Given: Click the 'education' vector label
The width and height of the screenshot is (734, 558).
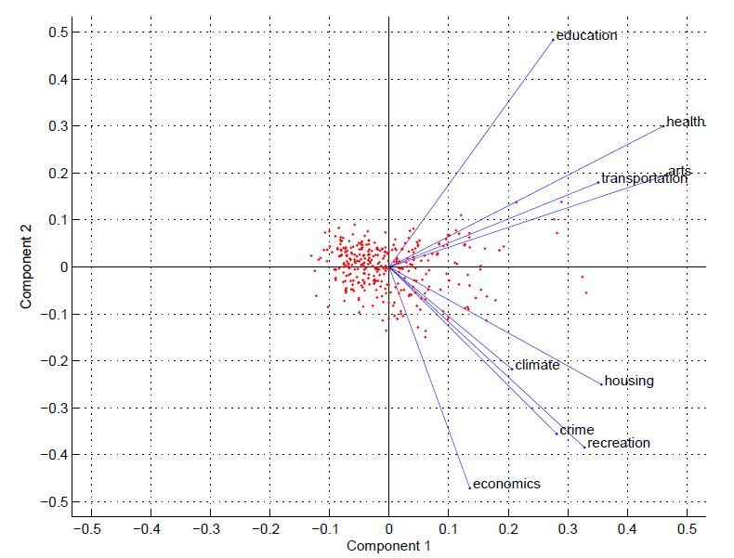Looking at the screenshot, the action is pos(586,35).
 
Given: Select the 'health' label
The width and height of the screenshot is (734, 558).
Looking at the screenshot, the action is pos(686,122).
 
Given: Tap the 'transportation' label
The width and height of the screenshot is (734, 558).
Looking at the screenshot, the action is pos(644,178).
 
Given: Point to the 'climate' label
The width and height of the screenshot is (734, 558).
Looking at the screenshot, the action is pos(537,365).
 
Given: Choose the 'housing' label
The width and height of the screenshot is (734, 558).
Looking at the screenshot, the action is pos(629,382).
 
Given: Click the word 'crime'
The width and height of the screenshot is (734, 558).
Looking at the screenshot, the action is pos(577,430).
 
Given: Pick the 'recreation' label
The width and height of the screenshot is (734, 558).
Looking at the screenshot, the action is pos(619,443).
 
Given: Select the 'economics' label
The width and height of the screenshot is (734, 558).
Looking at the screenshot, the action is pos(506,484).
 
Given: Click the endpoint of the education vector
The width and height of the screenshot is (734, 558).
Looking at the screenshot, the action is pos(554,40).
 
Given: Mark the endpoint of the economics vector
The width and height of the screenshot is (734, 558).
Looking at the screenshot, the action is pos(470,487).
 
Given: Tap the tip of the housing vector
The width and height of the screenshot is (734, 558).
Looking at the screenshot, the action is pos(601,384).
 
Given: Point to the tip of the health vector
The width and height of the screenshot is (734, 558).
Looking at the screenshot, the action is pos(662,126).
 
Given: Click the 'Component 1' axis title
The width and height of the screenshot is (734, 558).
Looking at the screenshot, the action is pos(388,546).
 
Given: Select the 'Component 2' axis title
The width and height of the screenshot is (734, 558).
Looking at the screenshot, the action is pos(26,266).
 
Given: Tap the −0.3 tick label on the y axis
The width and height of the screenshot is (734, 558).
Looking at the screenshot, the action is pos(54,408).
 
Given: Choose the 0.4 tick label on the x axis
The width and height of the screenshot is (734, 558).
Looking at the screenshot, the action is pos(627,529).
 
